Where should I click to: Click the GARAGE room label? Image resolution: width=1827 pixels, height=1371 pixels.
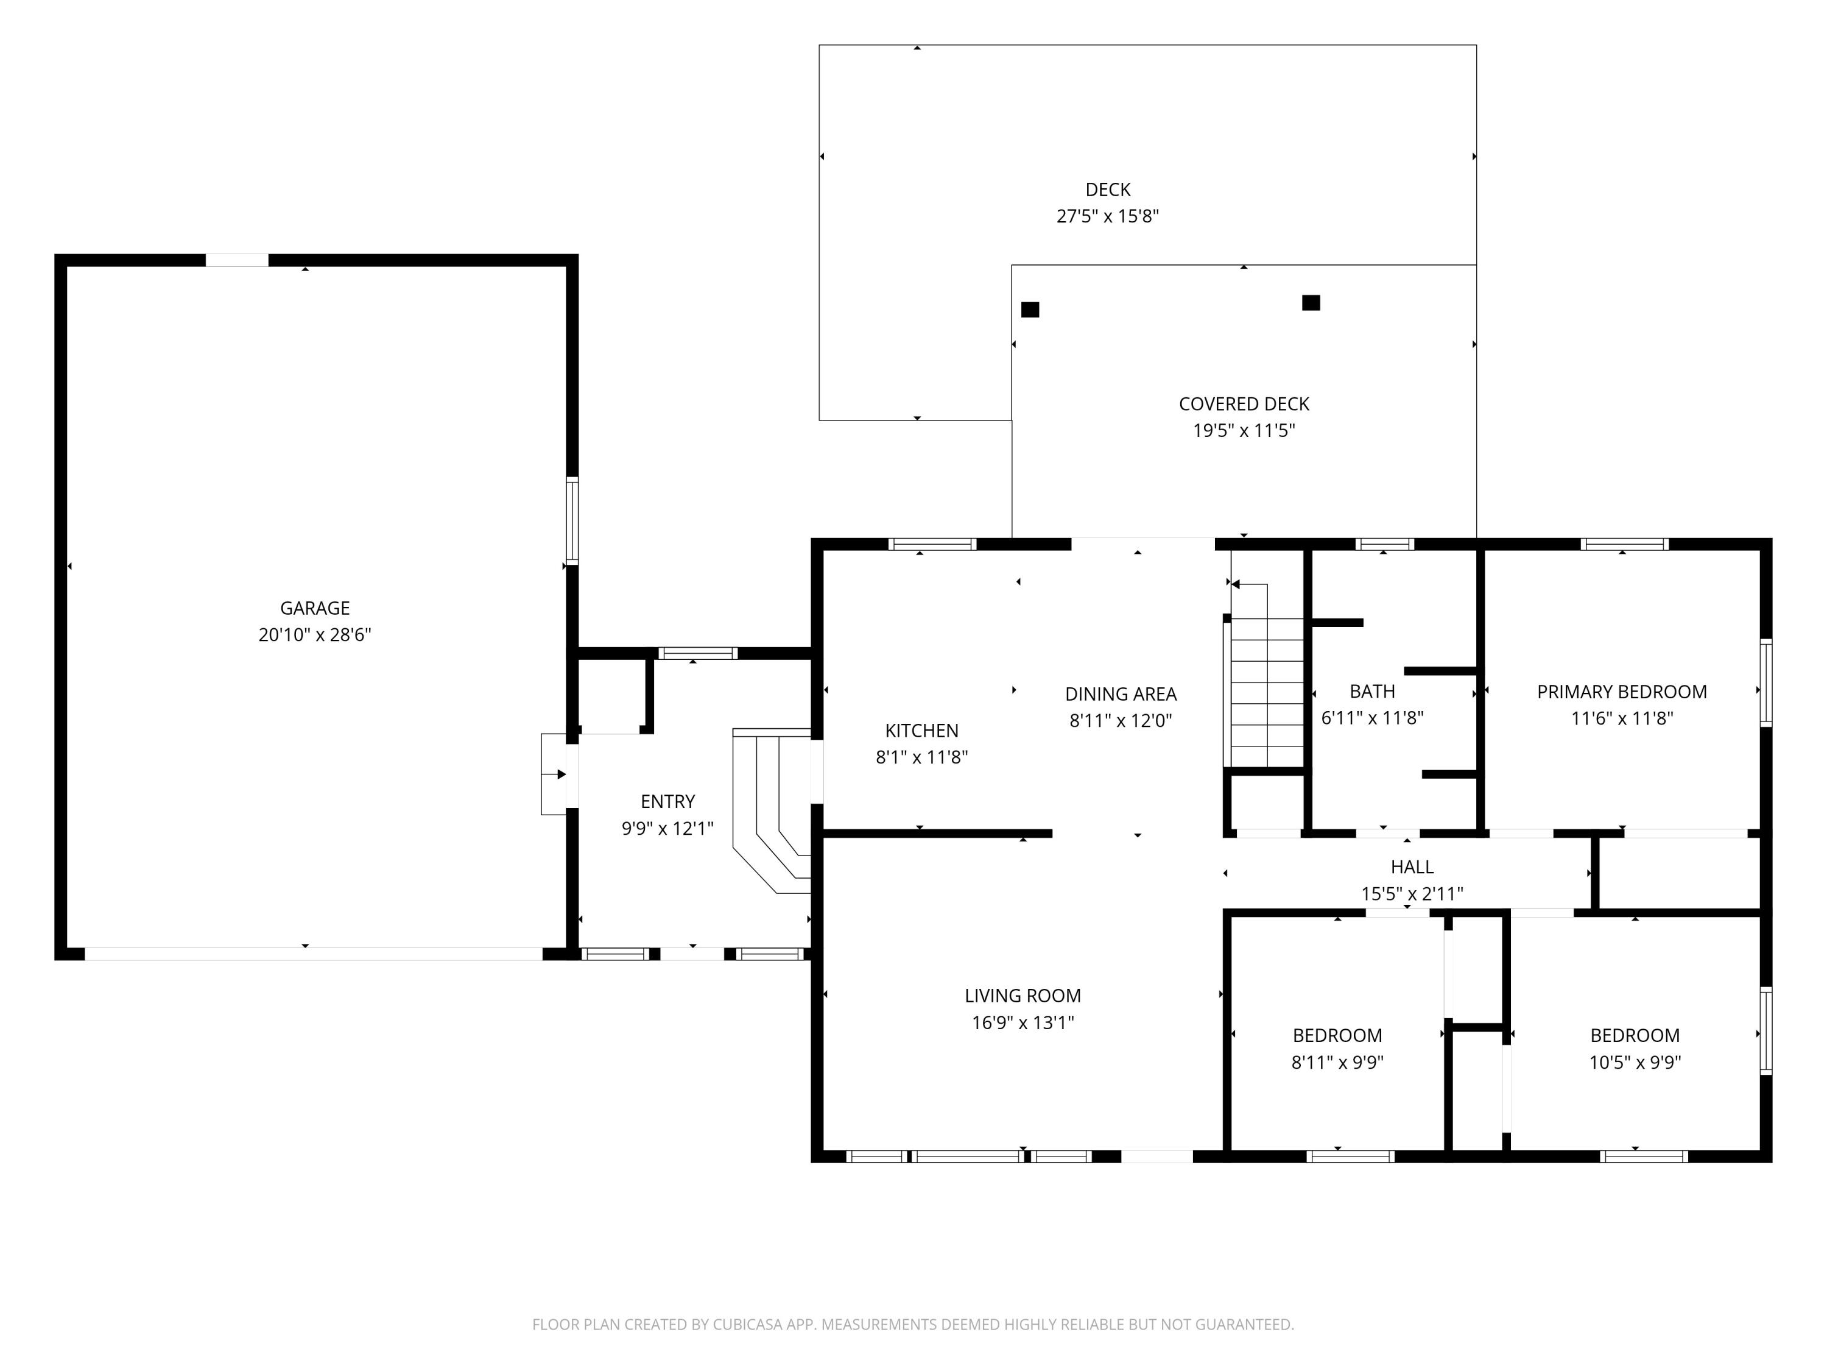click(315, 608)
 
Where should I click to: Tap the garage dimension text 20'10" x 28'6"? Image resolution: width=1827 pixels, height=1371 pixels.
click(315, 635)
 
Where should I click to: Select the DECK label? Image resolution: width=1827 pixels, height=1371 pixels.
click(1108, 190)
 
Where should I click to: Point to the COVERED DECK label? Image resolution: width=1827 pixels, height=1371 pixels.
click(1244, 404)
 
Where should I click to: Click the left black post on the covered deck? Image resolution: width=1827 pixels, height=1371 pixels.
click(1030, 310)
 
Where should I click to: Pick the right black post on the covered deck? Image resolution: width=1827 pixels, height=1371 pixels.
click(1311, 302)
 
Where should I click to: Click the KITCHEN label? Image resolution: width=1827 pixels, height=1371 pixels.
click(922, 731)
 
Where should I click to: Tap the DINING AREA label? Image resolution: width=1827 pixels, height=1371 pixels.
click(1121, 694)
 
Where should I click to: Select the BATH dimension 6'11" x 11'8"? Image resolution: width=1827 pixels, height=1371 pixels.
click(1373, 718)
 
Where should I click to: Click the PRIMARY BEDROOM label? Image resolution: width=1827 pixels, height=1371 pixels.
click(1622, 692)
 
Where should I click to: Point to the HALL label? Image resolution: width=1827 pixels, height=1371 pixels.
click(1412, 867)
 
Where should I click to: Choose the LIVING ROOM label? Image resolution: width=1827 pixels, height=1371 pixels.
click(1023, 996)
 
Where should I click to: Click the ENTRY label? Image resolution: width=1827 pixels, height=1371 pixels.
click(667, 802)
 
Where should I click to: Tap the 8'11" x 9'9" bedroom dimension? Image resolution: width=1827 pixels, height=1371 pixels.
click(1337, 1062)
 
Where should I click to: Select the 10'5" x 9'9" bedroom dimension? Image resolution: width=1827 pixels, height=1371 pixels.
click(1635, 1062)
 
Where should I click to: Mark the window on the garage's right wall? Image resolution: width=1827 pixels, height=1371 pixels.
click(572, 520)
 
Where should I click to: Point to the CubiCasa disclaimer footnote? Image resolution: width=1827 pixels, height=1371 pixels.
click(913, 1324)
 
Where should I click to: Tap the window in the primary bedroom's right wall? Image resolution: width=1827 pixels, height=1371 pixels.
click(1766, 682)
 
